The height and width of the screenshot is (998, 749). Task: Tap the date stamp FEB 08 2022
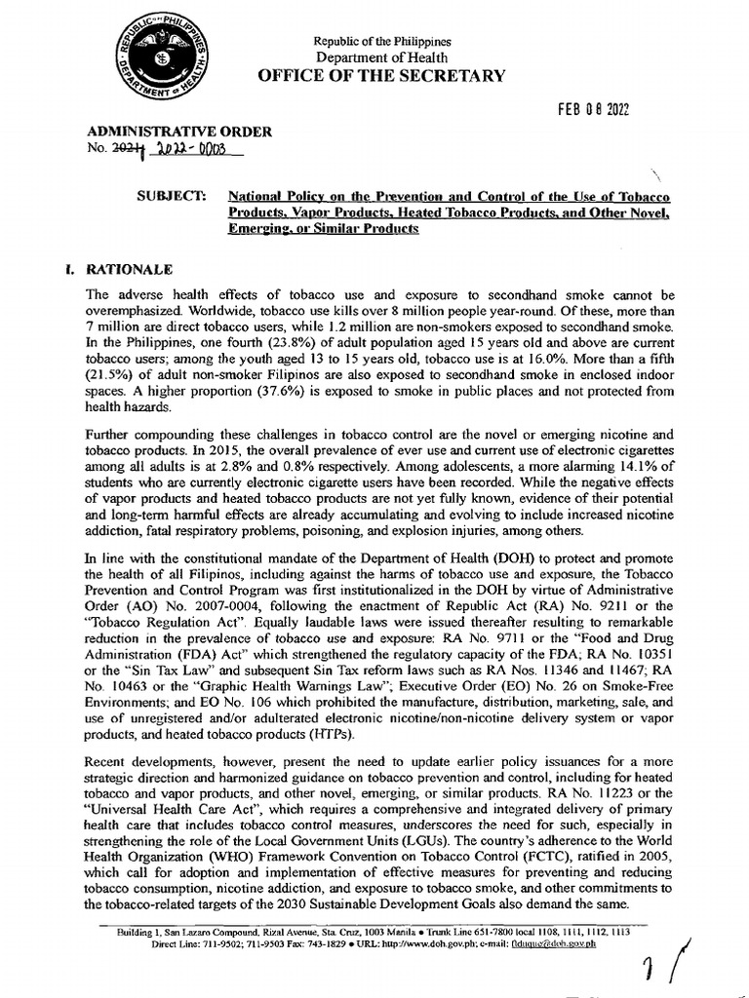tap(594, 110)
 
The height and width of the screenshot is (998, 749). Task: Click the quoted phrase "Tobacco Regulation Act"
tap(149, 622)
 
